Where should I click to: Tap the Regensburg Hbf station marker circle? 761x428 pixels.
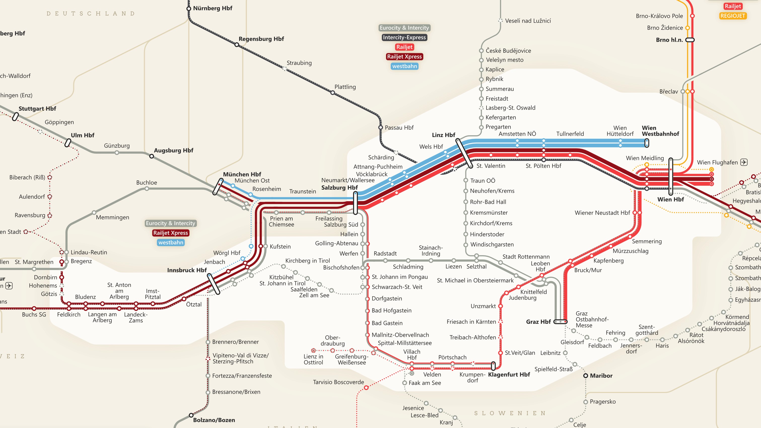coord(237,45)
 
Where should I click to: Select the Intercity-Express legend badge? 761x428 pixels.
coord(404,38)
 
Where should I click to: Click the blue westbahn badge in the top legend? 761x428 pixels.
coord(404,66)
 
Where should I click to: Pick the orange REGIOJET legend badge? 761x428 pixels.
coord(733,16)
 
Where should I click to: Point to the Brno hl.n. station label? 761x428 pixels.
coord(669,40)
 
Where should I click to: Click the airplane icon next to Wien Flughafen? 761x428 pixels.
coord(744,162)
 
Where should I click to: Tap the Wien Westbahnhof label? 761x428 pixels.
coord(660,131)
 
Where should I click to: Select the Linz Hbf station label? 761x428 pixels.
coord(443,135)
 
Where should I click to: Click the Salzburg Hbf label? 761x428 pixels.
coord(339,187)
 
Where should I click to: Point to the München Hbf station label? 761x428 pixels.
coord(242,174)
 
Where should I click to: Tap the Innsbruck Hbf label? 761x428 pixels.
coord(187,270)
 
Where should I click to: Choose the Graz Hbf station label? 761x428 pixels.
coord(538,322)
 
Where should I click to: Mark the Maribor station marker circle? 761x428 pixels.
coord(585,376)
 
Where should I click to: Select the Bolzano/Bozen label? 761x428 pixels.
coord(214,420)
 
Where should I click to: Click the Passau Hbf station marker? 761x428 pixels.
coord(380,127)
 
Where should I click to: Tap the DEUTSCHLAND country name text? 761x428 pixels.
coord(91,14)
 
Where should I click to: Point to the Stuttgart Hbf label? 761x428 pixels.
coord(37,109)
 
